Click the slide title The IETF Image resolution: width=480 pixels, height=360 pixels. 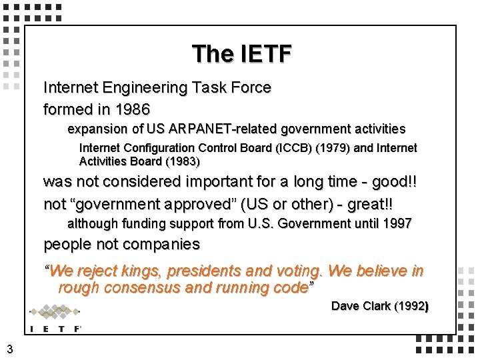241,54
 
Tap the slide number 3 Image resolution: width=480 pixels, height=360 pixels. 9,348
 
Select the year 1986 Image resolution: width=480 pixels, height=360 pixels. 133,109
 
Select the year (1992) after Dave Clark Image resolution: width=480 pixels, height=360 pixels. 411,306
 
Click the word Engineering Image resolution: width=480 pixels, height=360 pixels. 148,87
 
